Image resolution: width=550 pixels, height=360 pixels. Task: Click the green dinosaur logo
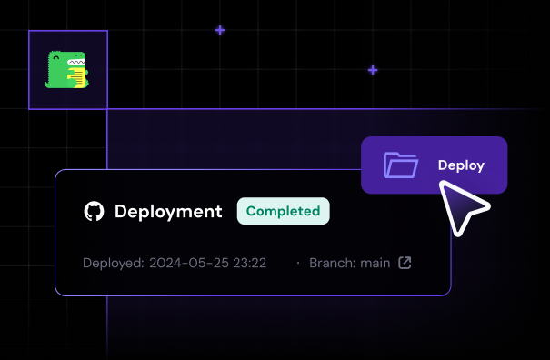67,70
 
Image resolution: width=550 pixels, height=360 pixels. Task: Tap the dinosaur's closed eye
61,59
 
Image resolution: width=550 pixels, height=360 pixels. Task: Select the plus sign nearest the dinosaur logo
220,30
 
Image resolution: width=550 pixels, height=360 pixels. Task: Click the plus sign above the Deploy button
373,70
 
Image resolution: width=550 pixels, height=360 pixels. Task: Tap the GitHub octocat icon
94,212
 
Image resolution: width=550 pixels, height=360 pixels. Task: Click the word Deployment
168,212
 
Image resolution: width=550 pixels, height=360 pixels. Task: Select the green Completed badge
283,211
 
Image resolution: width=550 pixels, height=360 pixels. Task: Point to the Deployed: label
113,264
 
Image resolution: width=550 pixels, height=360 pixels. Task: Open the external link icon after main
405,264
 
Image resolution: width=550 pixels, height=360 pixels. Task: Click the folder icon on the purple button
400,165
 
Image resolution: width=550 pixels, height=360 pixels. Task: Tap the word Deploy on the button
461,165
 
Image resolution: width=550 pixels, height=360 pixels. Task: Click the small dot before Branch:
297,264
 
